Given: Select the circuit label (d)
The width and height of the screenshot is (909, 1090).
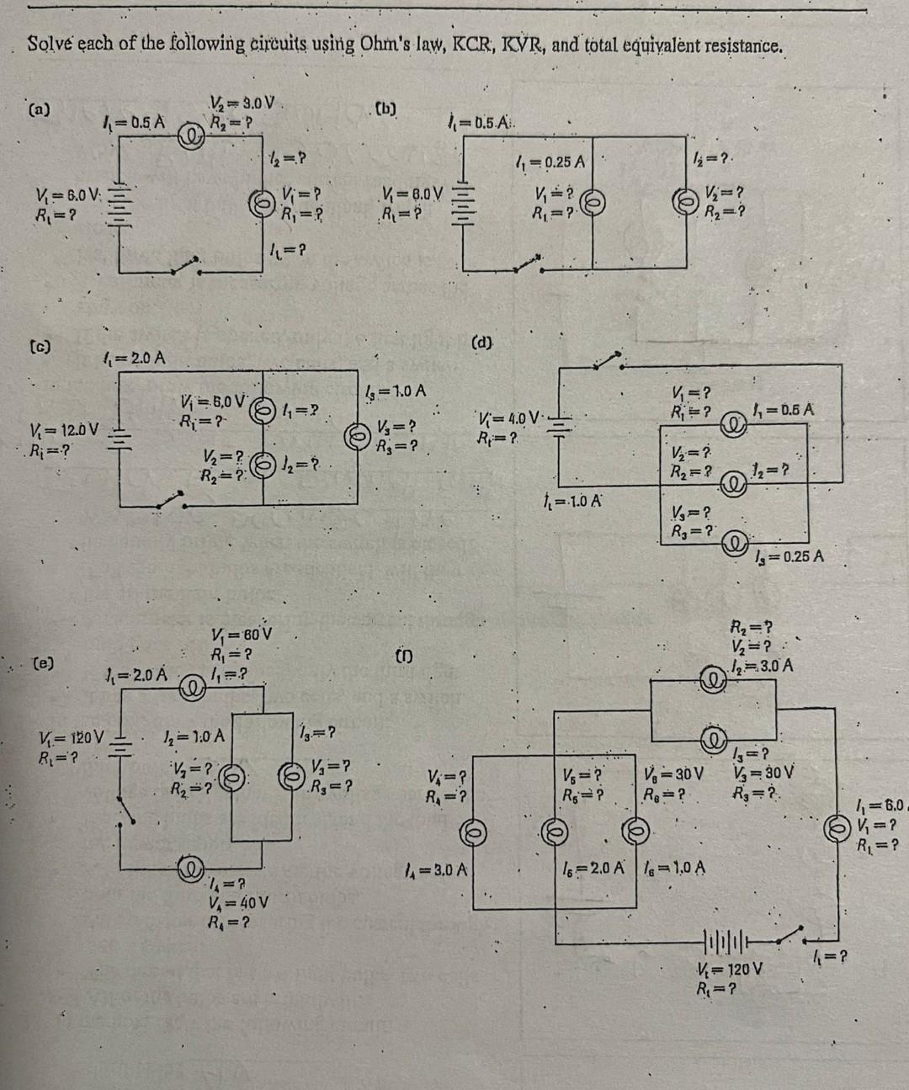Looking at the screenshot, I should tap(483, 343).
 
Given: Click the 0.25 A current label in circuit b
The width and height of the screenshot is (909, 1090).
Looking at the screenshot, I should tap(555, 162).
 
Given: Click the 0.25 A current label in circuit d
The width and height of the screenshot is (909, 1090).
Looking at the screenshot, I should tap(789, 556).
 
